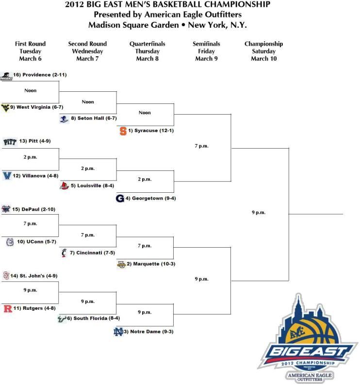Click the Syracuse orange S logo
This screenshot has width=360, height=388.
click(123, 131)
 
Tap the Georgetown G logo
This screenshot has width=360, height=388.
click(120, 199)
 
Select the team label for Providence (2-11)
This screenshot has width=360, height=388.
click(40, 75)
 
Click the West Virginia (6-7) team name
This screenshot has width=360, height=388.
click(36, 107)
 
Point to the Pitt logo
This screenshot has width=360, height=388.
click(10, 142)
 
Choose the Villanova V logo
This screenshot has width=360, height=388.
click(7, 176)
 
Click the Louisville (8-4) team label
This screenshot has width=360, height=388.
click(93, 186)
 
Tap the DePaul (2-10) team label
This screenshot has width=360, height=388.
click(33, 209)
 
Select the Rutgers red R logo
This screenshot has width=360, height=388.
click(8, 308)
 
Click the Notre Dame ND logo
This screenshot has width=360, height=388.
click(118, 332)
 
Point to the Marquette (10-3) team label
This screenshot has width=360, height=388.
click(151, 264)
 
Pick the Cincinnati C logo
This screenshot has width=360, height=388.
click(64, 253)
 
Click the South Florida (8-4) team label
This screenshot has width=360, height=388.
click(94, 318)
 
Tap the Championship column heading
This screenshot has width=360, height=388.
click(263, 44)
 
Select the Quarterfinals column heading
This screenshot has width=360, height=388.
click(147, 44)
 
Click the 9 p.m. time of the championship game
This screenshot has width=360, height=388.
click(259, 213)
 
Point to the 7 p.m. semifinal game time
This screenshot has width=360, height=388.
click(201, 146)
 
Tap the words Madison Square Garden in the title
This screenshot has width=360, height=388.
click(133, 25)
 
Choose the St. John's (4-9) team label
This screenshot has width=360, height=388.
click(34, 276)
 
